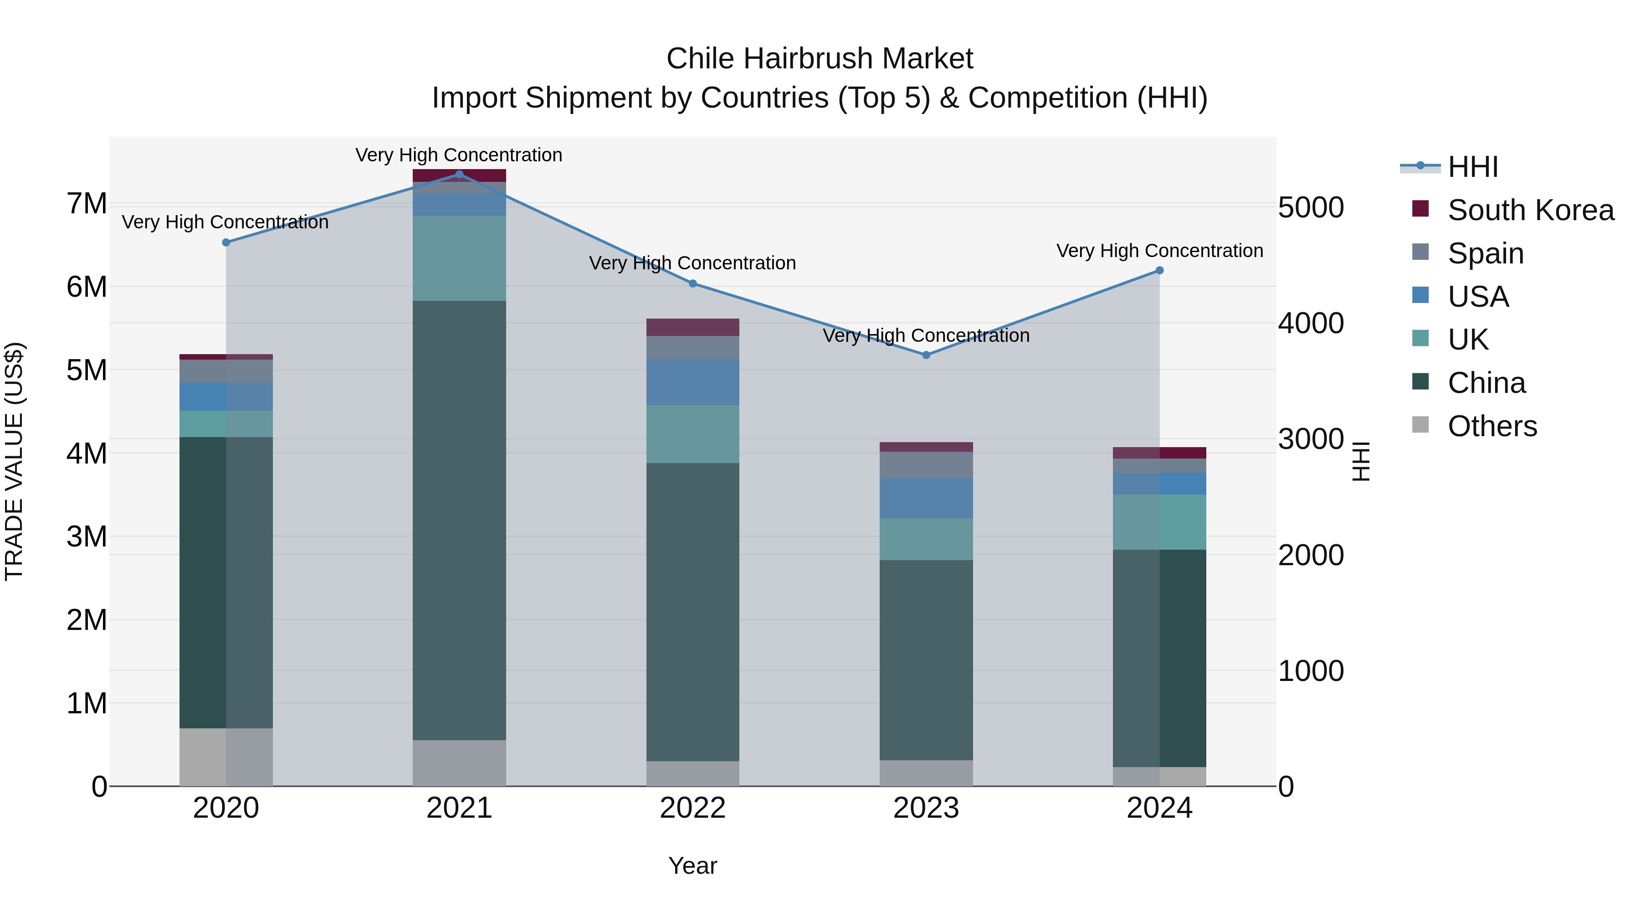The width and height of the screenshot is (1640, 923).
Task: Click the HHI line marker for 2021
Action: click(459, 174)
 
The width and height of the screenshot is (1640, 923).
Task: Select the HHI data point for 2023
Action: click(926, 355)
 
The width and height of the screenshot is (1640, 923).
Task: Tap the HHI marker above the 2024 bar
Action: click(1159, 271)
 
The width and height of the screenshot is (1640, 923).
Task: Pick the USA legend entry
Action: click(1478, 297)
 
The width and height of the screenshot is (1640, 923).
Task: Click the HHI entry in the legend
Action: click(1472, 167)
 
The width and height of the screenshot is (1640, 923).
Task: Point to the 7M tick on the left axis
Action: click(87, 204)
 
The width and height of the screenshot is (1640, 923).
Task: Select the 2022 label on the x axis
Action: click(692, 808)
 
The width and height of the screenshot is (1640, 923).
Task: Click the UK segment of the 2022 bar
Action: click(692, 434)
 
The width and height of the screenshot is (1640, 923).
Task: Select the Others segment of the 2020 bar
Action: click(226, 757)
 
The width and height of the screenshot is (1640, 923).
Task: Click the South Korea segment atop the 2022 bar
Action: click(692, 327)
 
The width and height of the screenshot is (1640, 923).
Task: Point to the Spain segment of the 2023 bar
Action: click(926, 464)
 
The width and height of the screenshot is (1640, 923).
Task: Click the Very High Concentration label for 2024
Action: click(1159, 251)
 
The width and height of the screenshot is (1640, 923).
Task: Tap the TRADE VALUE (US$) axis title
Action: click(14, 461)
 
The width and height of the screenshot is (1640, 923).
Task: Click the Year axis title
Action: click(692, 866)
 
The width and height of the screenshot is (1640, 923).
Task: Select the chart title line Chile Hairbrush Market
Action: click(820, 59)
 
